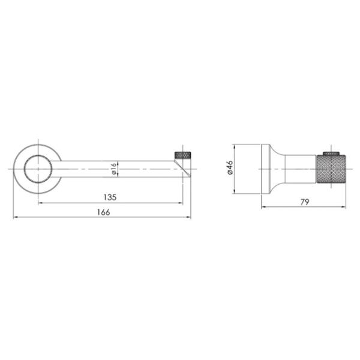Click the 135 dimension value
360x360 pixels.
(110, 197)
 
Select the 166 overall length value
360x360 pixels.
(104, 212)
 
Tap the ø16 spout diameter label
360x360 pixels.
(114, 169)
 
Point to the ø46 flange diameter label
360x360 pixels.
(230, 167)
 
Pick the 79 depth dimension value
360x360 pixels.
(305, 202)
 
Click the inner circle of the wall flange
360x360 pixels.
(38, 169)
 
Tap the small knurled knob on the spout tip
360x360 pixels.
(183, 155)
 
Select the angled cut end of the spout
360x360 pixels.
(182, 169)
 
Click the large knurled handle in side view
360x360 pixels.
(331, 169)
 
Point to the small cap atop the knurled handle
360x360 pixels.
(331, 154)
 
